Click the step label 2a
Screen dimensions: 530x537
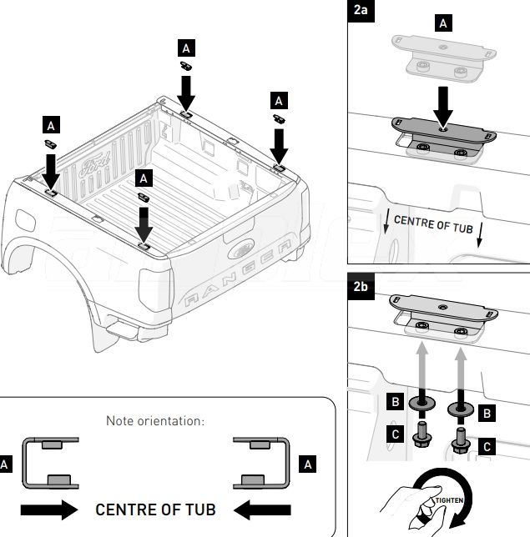(361, 11)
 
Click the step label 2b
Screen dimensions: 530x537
(361, 286)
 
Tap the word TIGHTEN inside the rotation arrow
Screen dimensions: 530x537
(449, 500)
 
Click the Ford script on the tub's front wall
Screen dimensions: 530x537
(94, 165)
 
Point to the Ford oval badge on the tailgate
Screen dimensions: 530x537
(240, 248)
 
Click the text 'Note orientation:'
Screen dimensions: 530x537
(155, 421)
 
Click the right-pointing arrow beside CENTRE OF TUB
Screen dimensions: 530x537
(49, 509)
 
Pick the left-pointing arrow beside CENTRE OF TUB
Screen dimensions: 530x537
(262, 509)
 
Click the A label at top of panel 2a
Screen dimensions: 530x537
(443, 23)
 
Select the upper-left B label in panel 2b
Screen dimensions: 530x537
(396, 401)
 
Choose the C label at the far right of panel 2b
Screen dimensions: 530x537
(487, 447)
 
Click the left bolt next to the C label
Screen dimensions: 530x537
(421, 434)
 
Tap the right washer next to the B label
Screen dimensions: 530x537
(461, 409)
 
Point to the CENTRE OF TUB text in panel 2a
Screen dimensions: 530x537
(433, 224)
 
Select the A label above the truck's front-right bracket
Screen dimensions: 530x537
(186, 48)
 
